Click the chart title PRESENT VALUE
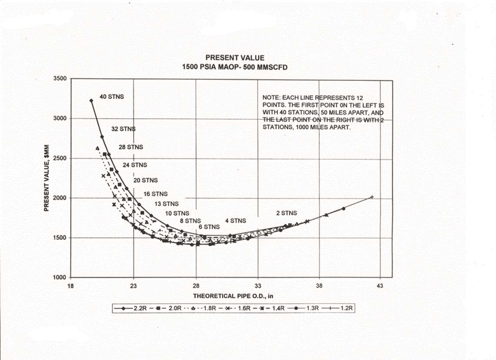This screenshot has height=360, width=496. pos(235,57)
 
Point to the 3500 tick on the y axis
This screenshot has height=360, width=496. pos(59,79)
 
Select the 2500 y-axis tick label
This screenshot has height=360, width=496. pos(59,158)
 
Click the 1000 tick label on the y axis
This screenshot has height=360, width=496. pos(59,277)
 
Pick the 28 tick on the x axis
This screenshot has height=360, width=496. pos(196,287)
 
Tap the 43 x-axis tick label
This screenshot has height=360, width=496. pos(380,287)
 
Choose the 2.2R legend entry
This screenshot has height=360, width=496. pos(127,308)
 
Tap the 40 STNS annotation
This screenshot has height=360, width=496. pos(112,97)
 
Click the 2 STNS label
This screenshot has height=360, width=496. pos(286,213)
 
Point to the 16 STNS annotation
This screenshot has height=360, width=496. pos(155,194)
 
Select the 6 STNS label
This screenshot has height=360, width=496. pos(209,227)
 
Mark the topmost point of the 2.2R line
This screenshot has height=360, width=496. pos(91,100)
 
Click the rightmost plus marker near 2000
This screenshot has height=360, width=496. pos(372,197)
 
